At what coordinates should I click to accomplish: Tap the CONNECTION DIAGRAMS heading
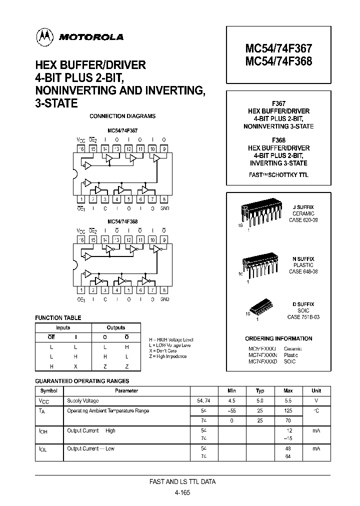coord(122,116)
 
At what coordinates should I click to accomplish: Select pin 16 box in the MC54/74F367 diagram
coord(81,148)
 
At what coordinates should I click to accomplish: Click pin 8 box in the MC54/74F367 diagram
coord(164,199)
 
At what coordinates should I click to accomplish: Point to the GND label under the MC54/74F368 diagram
coord(164,299)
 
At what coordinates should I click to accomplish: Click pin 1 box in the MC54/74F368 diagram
coord(81,290)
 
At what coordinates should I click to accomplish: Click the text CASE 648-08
coord(303,271)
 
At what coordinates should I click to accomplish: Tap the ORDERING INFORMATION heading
coord(278,338)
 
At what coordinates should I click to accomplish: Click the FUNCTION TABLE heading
coord(58,317)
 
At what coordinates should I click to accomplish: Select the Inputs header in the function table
coord(63,328)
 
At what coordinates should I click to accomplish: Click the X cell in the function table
coord(75,366)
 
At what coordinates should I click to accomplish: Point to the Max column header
coord(288,390)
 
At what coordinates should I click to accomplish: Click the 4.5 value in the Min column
coord(232,400)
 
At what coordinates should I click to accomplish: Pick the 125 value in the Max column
coord(288,410)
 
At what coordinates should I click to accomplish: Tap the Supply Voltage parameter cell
coord(83,400)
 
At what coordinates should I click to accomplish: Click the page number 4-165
coord(182,492)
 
